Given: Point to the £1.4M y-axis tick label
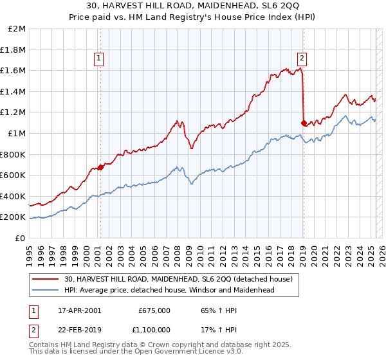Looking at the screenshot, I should click(15, 92).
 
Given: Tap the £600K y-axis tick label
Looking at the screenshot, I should click(14, 175).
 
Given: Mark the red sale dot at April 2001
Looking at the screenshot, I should click(100, 167).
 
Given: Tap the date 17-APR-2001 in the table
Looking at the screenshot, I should click(79, 310).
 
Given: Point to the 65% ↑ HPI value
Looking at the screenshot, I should click(216, 310).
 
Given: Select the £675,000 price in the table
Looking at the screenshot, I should click(154, 310).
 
